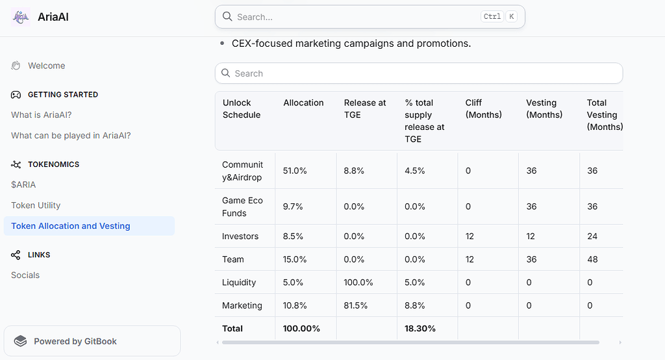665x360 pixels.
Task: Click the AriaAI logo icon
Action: click(x=20, y=17)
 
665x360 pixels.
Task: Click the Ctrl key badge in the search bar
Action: click(x=492, y=16)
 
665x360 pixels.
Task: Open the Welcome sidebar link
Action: click(x=47, y=66)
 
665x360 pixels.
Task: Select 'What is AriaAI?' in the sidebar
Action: click(x=42, y=115)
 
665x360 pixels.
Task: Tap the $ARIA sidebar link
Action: click(x=23, y=185)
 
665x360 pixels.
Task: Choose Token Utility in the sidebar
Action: click(x=36, y=205)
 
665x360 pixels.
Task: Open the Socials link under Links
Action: click(x=25, y=275)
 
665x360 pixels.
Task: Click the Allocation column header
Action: click(x=303, y=103)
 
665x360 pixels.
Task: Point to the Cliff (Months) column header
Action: click(x=483, y=109)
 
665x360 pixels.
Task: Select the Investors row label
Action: click(x=240, y=237)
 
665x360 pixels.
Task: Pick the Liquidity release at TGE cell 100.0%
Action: click(x=358, y=282)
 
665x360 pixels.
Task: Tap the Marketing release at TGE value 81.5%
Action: click(x=355, y=305)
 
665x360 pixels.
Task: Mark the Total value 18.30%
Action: click(x=420, y=329)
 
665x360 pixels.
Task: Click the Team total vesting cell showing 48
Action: click(x=592, y=259)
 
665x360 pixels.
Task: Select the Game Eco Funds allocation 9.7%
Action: click(x=293, y=207)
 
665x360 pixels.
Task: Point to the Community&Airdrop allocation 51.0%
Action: click(x=295, y=171)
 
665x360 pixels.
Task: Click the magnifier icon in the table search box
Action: click(x=225, y=73)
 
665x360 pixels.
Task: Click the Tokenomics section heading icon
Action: click(x=16, y=164)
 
